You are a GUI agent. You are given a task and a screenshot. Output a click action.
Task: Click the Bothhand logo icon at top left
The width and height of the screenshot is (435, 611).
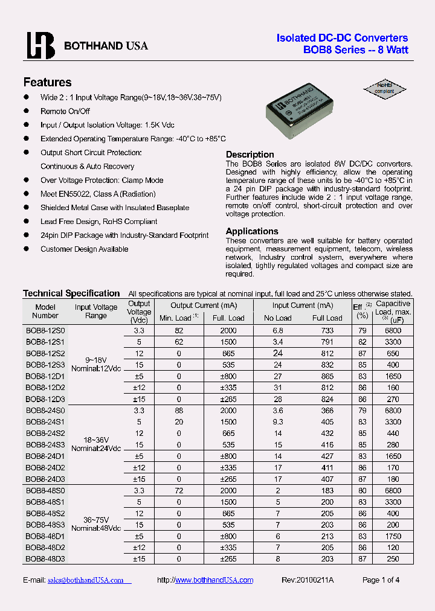(x=40, y=45)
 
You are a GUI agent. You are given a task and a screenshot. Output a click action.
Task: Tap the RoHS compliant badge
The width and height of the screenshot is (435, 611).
(x=385, y=88)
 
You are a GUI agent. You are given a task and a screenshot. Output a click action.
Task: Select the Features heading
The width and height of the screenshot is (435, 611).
(x=47, y=82)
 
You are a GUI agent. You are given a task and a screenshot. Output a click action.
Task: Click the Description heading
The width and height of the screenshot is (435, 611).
(x=250, y=155)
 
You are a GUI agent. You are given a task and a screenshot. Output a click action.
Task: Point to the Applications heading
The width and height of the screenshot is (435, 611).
(x=252, y=231)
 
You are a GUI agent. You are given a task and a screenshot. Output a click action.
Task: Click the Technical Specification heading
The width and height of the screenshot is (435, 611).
(x=71, y=293)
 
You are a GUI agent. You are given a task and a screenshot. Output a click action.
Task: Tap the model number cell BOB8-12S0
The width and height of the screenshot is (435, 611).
(x=45, y=331)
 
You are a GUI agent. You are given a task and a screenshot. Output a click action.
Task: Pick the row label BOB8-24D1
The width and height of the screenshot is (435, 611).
(x=45, y=456)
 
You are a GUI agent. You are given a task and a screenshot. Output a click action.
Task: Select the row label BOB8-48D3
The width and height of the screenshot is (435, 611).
(x=45, y=558)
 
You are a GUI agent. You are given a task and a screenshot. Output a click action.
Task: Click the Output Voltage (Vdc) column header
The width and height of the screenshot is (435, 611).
(x=139, y=312)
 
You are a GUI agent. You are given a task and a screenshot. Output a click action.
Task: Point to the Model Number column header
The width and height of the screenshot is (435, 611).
(x=45, y=311)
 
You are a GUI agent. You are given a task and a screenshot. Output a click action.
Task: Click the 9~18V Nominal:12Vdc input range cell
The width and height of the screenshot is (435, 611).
(x=96, y=364)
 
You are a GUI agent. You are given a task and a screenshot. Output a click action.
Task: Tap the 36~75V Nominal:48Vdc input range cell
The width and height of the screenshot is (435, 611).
(x=96, y=524)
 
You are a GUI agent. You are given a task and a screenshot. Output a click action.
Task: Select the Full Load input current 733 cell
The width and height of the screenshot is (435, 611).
(x=327, y=331)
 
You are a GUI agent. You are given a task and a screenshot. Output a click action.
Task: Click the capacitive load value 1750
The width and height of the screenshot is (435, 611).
(x=393, y=536)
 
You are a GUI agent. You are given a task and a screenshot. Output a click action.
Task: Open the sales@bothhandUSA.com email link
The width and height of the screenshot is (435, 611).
(x=85, y=580)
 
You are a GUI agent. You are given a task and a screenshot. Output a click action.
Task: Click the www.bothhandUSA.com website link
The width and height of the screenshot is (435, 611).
(x=214, y=580)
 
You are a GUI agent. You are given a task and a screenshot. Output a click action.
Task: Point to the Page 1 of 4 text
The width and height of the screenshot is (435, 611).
(x=381, y=580)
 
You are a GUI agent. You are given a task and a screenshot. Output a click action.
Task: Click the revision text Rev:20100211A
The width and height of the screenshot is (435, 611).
(x=308, y=580)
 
